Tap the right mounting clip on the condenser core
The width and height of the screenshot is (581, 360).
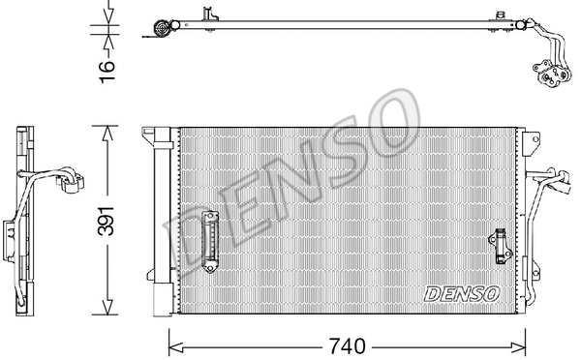pyautogui.click(x=501, y=245)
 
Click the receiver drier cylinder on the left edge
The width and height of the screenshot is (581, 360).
pyautogui.click(x=161, y=223)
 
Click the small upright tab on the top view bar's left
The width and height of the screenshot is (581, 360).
pyautogui.click(x=206, y=14)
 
